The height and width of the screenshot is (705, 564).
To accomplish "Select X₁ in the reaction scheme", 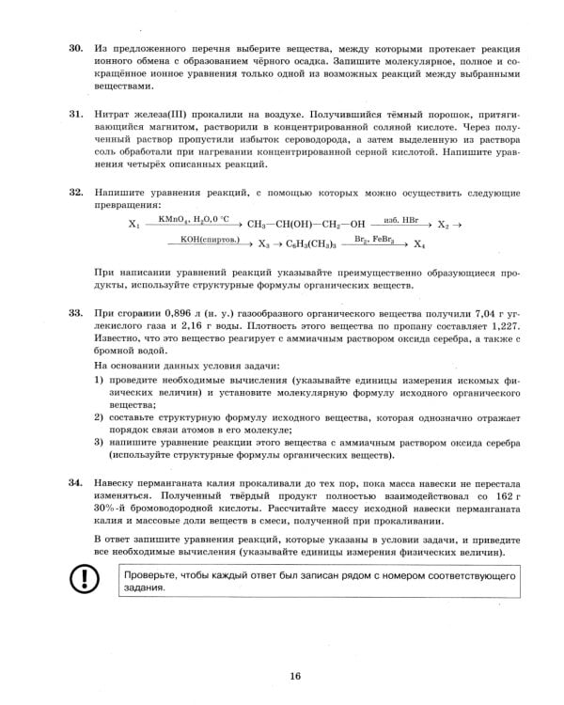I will (133, 226).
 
